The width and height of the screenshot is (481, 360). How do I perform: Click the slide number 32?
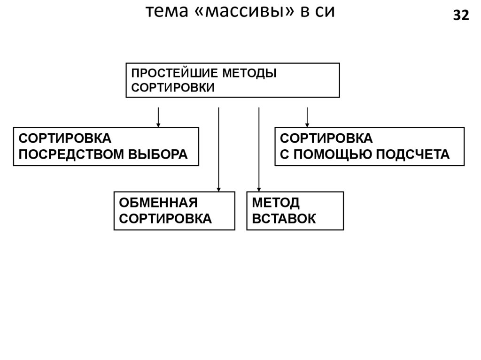click(x=461, y=16)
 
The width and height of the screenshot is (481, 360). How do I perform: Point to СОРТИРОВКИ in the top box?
click(x=172, y=87)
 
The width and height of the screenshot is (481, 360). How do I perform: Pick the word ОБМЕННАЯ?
click(x=158, y=203)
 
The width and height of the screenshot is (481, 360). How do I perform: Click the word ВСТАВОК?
click(x=284, y=218)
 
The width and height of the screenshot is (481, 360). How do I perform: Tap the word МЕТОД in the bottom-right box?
click(x=276, y=203)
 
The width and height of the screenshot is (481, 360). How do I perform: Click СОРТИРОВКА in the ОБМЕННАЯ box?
click(x=165, y=218)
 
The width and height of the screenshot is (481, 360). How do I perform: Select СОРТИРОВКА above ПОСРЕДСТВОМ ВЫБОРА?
click(x=65, y=139)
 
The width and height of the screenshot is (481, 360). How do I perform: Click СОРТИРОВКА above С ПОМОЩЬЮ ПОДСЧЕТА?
click(x=326, y=139)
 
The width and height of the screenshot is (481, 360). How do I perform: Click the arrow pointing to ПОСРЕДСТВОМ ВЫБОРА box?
click(x=158, y=117)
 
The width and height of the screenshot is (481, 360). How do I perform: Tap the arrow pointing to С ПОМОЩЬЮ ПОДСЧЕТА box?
click(x=307, y=117)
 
